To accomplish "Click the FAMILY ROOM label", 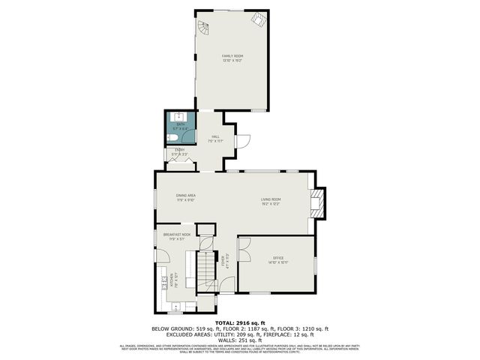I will click(232, 56).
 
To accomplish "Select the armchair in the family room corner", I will click(257, 21).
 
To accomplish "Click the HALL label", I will click(215, 137).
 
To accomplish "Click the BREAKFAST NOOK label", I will click(176, 235).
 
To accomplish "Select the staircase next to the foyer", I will click(206, 270).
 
